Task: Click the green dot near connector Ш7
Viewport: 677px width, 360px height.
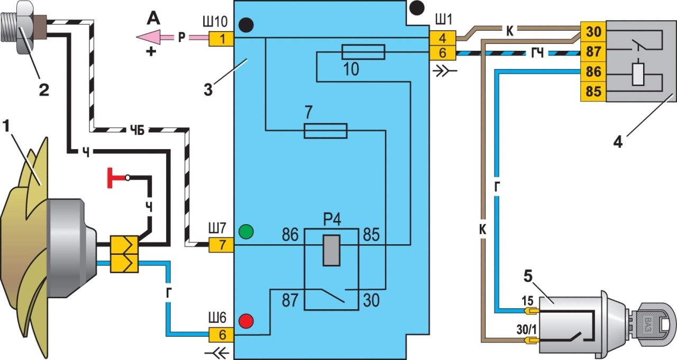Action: click(x=246, y=232)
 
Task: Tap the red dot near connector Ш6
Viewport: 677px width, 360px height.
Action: click(x=246, y=321)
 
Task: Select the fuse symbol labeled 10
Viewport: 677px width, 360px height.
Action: click(x=363, y=52)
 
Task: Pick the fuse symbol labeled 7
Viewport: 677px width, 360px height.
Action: click(x=326, y=131)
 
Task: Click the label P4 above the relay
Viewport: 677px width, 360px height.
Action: click(x=331, y=218)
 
